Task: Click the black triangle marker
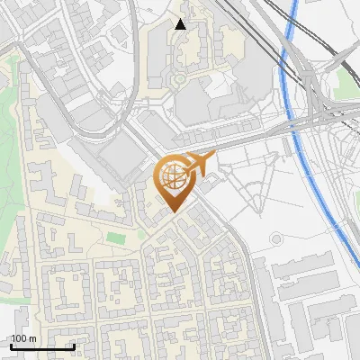(x=181, y=24)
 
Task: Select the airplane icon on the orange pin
(x=200, y=162)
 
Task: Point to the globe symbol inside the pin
(x=173, y=175)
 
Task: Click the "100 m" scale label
(x=23, y=338)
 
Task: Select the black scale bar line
(x=41, y=346)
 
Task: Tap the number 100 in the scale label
(x=19, y=338)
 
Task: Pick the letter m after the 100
(x=33, y=338)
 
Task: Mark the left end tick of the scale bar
(x=10, y=345)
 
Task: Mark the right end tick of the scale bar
(x=74, y=345)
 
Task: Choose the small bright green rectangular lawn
(x=114, y=238)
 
